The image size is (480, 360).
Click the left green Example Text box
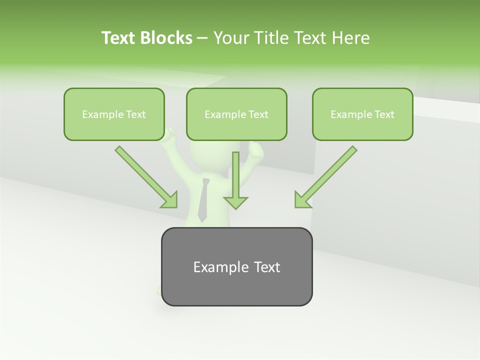pyautogui.click(x=114, y=114)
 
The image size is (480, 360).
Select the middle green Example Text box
pyautogui.click(x=236, y=114)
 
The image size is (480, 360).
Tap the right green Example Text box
pyautogui.click(x=362, y=114)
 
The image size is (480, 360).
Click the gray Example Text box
pyautogui.click(x=236, y=266)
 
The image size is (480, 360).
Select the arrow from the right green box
pyautogui.click(x=327, y=175)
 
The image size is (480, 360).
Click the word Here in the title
pyautogui.click(x=351, y=38)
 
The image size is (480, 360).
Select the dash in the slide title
pyautogui.click(x=202, y=38)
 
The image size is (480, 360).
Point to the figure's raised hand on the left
pyautogui.click(x=171, y=134)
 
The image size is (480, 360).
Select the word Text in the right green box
pyautogui.click(x=384, y=114)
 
